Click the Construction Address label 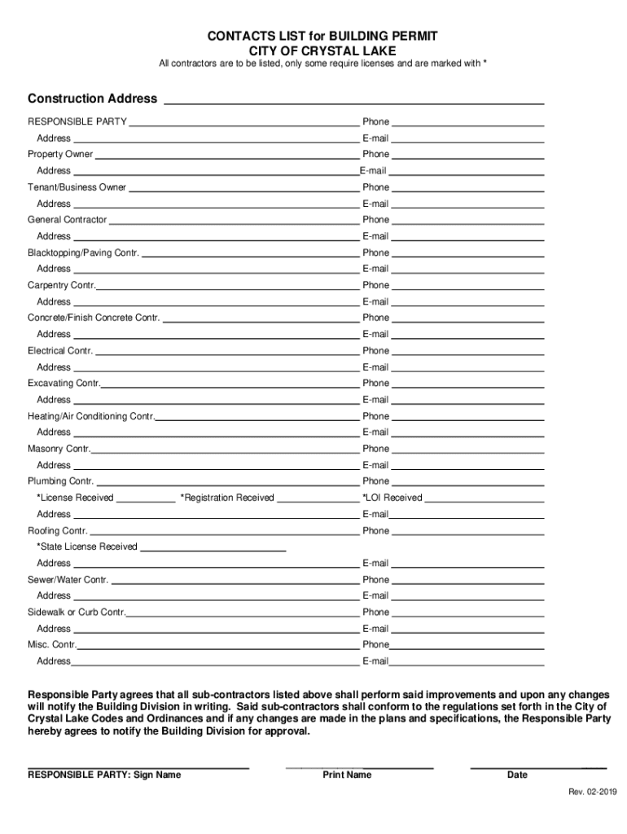[92, 99]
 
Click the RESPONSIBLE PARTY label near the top [77, 121]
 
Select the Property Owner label [60, 154]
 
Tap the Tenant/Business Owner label [77, 187]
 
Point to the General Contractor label [67, 220]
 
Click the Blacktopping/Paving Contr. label [83, 252]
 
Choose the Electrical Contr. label [60, 351]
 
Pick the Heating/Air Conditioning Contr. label [90, 416]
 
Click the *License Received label [75, 498]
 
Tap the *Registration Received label [227, 498]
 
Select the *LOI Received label [392, 498]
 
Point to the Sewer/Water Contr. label [68, 580]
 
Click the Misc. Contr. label [52, 645]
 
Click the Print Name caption [347, 775]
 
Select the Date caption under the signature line [517, 775]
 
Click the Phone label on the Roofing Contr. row [376, 531]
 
